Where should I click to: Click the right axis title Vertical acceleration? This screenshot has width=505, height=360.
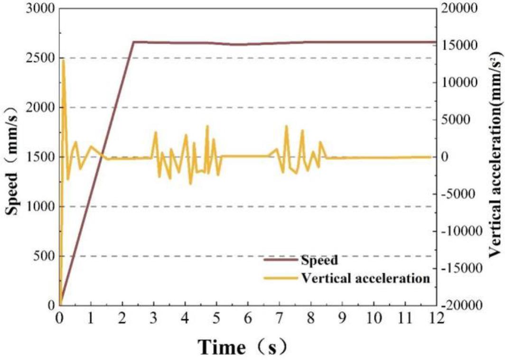click(496, 157)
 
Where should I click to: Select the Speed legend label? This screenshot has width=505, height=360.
click(319, 259)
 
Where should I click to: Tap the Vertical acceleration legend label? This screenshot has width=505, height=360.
click(365, 278)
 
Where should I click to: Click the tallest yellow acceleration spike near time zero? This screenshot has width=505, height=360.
click(63, 60)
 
